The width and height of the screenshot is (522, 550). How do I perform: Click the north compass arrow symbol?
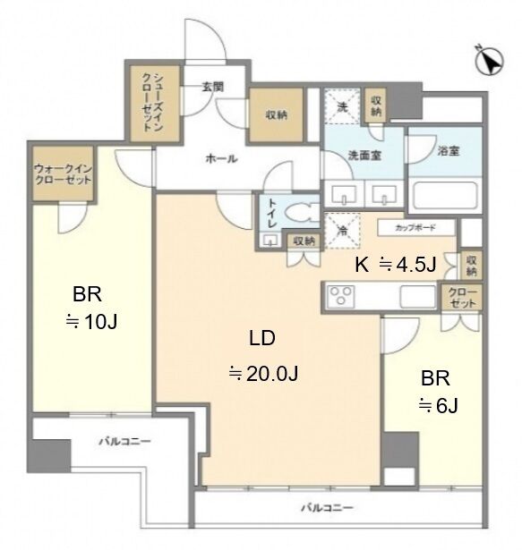[x=490, y=61]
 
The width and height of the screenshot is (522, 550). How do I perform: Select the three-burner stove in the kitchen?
[x=340, y=296]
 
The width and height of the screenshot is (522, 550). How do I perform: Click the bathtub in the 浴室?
[x=444, y=195]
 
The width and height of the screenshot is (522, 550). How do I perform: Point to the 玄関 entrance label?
[x=213, y=86]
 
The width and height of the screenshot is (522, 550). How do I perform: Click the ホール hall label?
[x=221, y=159]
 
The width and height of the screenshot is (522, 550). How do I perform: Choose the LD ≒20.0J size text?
[x=262, y=355]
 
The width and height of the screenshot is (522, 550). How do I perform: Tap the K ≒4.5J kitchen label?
[x=396, y=265]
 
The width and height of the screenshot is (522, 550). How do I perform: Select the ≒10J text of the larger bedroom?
[x=91, y=321]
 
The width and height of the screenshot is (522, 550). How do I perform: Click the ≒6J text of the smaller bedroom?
[x=438, y=406]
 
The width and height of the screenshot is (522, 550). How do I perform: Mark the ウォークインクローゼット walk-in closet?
[x=63, y=173]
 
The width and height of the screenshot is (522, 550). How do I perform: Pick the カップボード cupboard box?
[x=416, y=228]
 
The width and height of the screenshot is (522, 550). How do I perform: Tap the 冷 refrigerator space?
[x=342, y=231]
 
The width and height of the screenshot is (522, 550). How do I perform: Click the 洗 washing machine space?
[x=342, y=106]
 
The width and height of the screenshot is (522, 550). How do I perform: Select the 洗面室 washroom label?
[x=365, y=155]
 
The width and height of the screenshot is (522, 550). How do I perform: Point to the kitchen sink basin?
[x=417, y=297]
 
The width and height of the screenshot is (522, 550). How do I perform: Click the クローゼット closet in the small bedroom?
[x=462, y=298]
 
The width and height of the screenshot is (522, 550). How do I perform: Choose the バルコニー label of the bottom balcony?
[x=327, y=508]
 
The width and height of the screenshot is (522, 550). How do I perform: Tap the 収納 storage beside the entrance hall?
[x=276, y=114]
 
